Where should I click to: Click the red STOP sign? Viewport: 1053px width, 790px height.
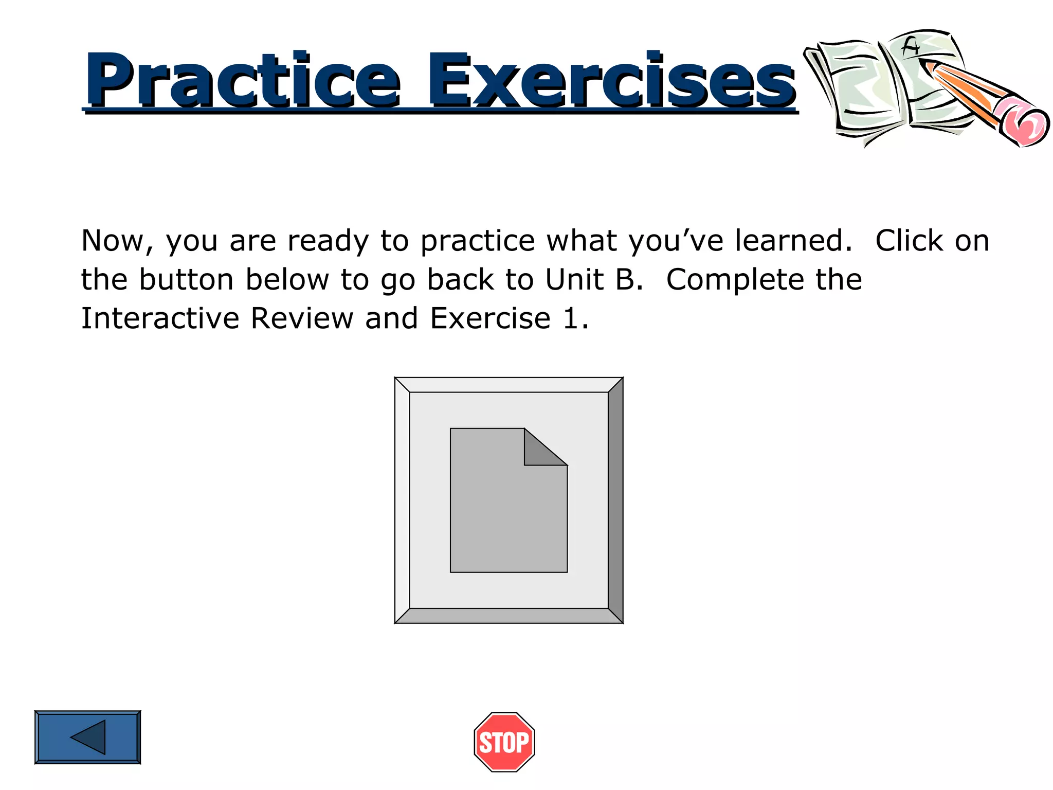tap(504, 742)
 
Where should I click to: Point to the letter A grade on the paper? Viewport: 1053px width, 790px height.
tap(911, 48)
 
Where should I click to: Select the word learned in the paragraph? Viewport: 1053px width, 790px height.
tap(792, 241)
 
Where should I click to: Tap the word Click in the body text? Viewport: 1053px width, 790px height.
tap(909, 241)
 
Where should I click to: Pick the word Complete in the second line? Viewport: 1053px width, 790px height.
tap(735, 280)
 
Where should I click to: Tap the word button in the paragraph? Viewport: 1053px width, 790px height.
tap(186, 280)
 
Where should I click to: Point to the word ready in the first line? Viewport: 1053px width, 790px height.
tap(328, 241)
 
